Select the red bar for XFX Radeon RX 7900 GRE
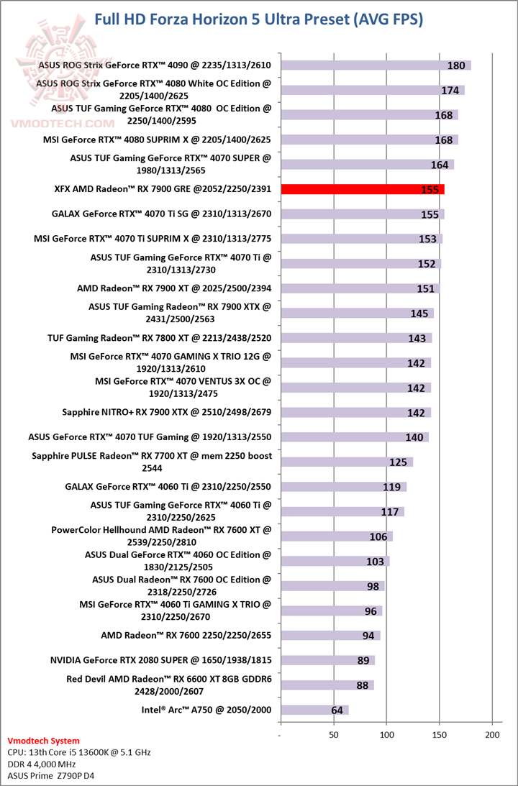pos(362,189)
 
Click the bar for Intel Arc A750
pos(314,710)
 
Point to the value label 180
pos(456,65)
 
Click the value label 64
pos(337,710)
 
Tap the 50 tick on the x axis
pos(333,735)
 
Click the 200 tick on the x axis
pos(492,735)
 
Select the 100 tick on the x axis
pos(386,735)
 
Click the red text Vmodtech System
pos(43,741)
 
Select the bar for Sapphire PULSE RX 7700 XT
pos(347,462)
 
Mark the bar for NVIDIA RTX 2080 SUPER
pos(327,660)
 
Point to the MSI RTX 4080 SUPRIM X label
pos(157,140)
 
